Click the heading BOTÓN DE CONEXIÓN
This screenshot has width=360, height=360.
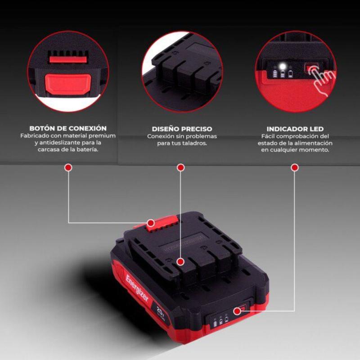68,128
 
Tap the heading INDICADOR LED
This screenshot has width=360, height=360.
295,129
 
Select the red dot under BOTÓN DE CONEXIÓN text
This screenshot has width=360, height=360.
68,167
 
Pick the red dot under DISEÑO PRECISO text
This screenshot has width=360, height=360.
181,167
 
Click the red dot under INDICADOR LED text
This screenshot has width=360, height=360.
295,167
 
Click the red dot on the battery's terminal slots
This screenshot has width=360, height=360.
180,261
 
